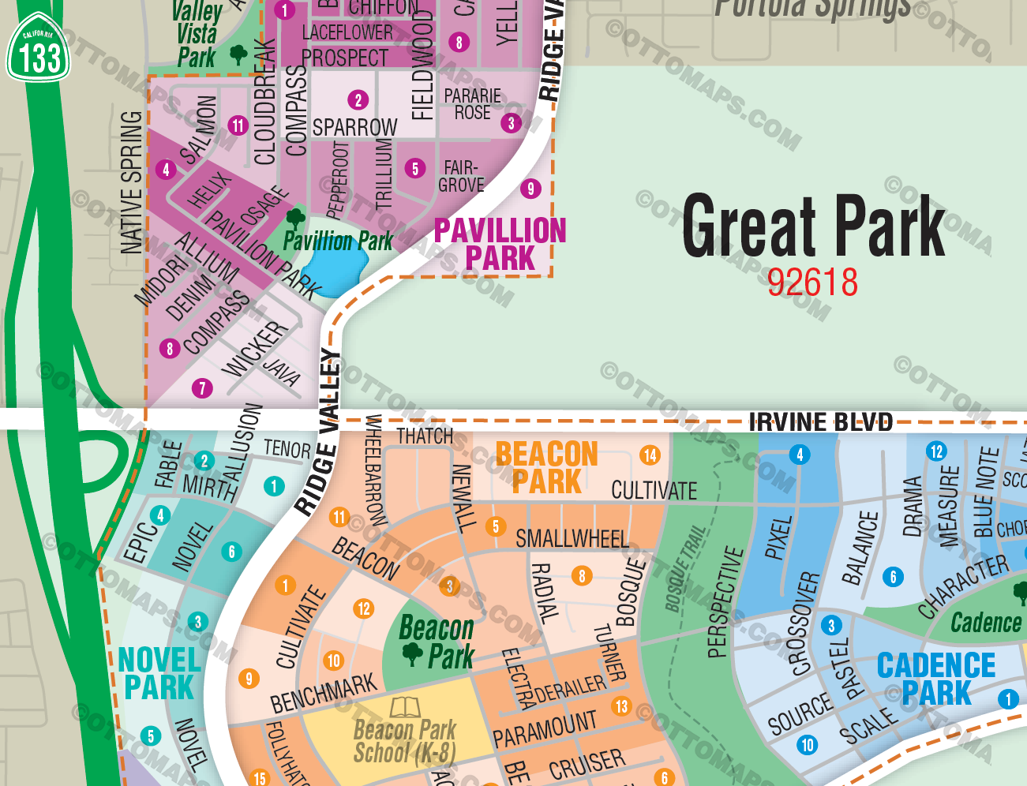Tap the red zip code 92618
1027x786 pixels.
tap(812, 283)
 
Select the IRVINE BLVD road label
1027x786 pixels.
tap(820, 422)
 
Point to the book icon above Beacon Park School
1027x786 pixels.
tap(406, 706)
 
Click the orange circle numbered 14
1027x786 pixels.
tap(650, 455)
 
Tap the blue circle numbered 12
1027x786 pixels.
tap(936, 451)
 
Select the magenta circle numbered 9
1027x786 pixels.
tap(530, 189)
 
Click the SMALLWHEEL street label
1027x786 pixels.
tap(572, 539)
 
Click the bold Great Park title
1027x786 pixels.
tap(813, 227)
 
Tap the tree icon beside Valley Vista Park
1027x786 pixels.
tap(238, 54)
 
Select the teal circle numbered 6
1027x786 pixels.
tap(231, 552)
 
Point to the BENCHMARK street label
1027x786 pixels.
tap(324, 693)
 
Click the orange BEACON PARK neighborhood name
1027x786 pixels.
tap(546, 468)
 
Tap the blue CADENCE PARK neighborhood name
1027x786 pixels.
tap(936, 679)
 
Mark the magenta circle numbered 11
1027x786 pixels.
tap(238, 125)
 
